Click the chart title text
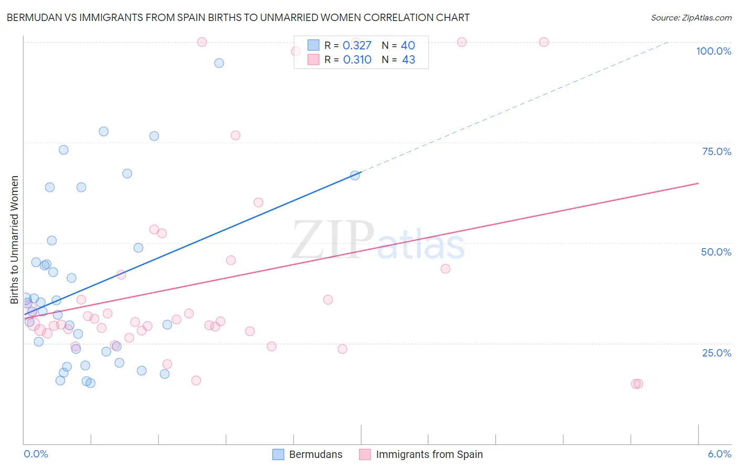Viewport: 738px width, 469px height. [238, 17]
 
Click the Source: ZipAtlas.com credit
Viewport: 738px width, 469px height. [691, 17]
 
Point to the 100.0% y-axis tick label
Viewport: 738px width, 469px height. [713, 51]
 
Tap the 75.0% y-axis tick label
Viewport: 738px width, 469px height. [716, 151]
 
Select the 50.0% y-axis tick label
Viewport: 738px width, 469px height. [716, 252]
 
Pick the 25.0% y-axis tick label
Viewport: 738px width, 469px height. [716, 352]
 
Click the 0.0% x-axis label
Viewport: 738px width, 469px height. [36, 454]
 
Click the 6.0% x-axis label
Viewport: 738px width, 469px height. [719, 454]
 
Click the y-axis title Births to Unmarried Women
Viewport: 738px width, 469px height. [15, 240]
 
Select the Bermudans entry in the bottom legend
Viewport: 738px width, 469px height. [315, 454]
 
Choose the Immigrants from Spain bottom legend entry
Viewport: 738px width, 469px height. [429, 454]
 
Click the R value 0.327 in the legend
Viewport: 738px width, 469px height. [357, 46]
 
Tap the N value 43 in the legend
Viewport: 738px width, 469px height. [408, 60]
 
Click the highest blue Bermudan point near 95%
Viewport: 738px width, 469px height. [219, 63]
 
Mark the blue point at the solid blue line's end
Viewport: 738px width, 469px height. [355, 175]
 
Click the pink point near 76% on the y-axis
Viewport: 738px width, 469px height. [235, 136]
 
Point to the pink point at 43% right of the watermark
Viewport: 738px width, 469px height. [445, 269]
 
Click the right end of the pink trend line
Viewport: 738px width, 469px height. [698, 183]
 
